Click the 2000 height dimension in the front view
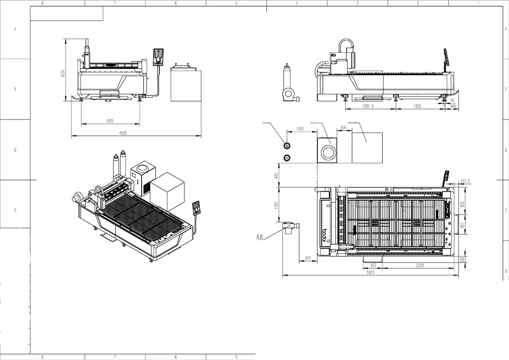point(62,74)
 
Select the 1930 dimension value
point(110,121)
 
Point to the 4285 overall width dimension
point(136,133)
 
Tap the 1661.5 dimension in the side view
point(369,106)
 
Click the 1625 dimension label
point(417,106)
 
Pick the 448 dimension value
point(453,106)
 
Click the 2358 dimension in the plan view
point(419,265)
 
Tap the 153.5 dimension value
point(465,181)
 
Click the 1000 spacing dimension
point(300,129)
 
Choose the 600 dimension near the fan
point(308,258)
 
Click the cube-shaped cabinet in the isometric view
point(167,191)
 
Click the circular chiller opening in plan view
point(329,153)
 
